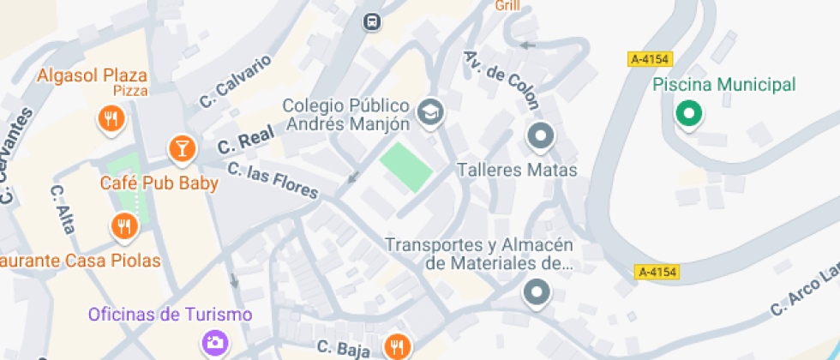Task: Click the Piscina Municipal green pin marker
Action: pos(687,113)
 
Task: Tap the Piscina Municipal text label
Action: pos(724,85)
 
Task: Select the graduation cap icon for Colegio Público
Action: pos(429,112)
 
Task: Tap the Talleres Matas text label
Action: pos(517,171)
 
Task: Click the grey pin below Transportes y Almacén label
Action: pos(537,292)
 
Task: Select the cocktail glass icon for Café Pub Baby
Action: pos(182,148)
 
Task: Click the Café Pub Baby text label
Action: pos(159,183)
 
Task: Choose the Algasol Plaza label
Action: pos(93,75)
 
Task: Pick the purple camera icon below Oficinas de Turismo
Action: pos(214,343)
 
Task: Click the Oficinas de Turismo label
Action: pos(170,315)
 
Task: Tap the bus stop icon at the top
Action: pos(371,21)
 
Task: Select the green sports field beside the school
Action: pos(406,167)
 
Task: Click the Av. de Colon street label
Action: pos(502,80)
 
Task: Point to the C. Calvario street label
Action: pos(236,81)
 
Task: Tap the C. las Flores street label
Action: pos(273,179)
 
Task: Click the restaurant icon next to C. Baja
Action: pos(396,345)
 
